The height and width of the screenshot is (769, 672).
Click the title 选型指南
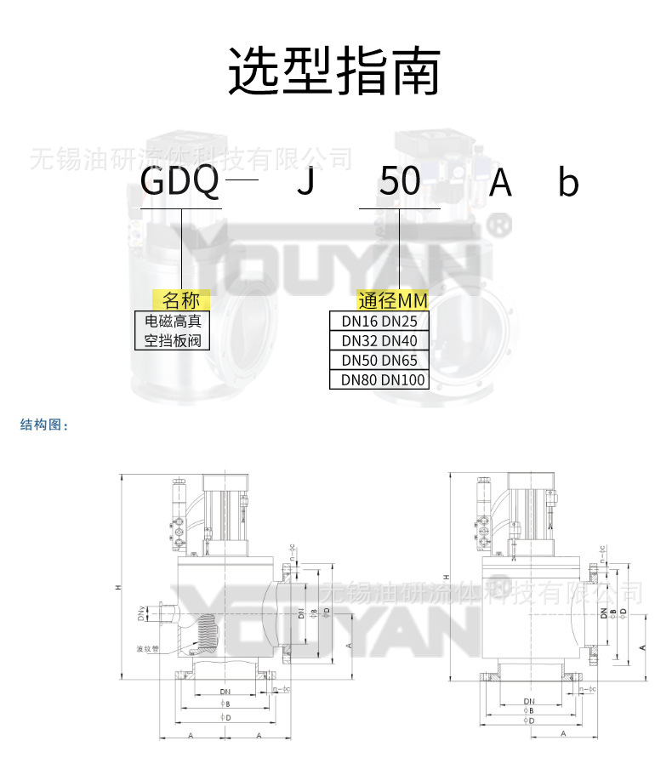[333, 71]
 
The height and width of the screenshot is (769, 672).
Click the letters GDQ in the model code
[181, 181]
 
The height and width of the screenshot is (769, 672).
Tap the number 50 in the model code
[399, 181]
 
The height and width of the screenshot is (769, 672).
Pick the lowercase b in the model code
[568, 181]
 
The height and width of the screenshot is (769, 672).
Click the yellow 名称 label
[181, 300]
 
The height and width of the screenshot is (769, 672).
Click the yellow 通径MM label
[392, 300]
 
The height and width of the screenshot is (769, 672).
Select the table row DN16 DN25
[379, 322]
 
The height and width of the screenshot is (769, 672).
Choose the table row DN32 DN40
[379, 341]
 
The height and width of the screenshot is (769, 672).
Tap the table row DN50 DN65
[379, 361]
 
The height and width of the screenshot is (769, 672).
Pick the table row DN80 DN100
[379, 380]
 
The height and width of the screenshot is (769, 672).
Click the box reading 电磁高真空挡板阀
[173, 332]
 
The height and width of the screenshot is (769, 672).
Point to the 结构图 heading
[43, 425]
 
